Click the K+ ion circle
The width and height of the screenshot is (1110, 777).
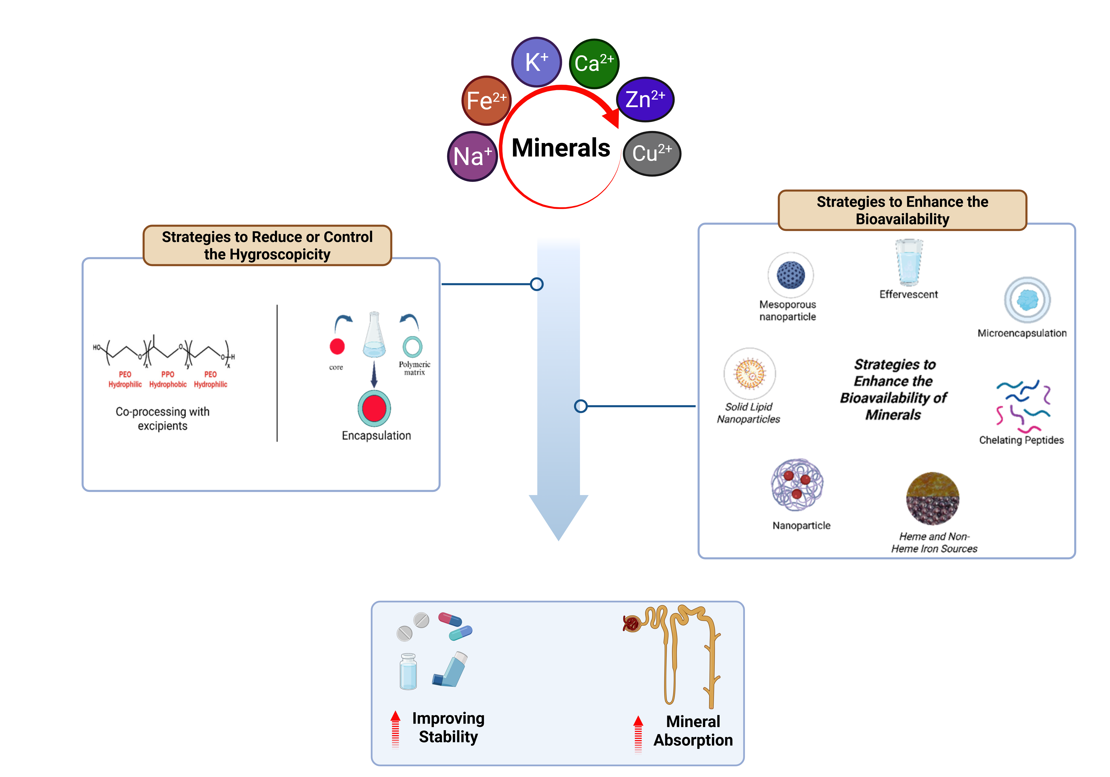click(x=536, y=62)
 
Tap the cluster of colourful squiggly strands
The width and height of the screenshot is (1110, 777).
click(x=1023, y=406)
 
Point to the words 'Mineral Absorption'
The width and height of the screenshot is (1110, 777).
click(x=693, y=731)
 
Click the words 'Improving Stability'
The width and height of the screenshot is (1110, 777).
click(x=448, y=727)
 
